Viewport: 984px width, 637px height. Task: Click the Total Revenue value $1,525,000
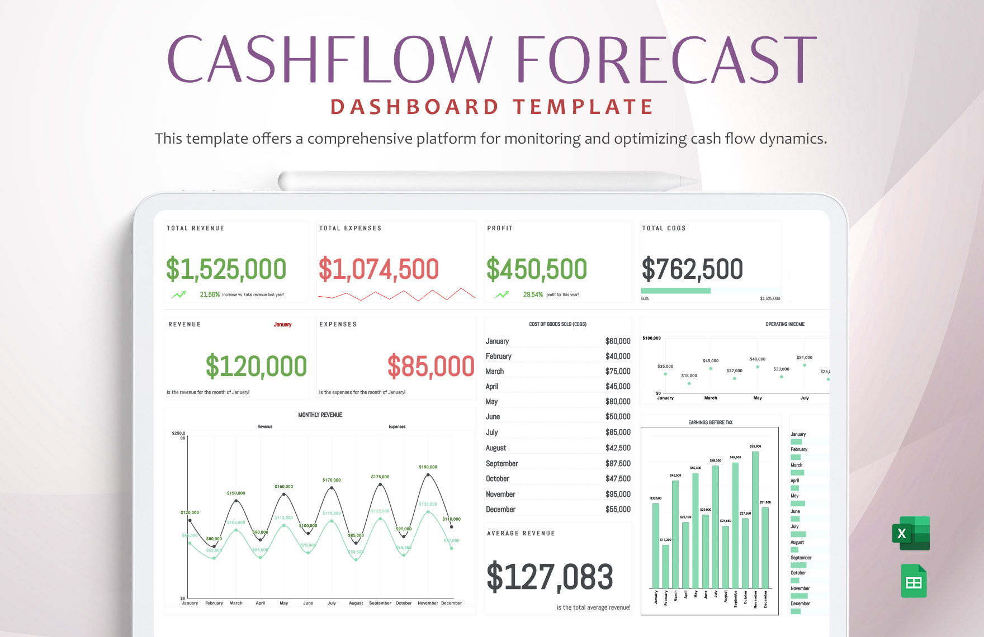pos(226,269)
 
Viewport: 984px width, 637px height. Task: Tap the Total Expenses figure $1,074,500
pos(379,269)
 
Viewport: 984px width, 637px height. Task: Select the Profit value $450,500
pos(536,269)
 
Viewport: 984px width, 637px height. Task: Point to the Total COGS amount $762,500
pos(692,269)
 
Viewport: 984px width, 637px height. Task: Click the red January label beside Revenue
pos(282,325)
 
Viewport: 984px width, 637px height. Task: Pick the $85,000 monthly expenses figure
pos(430,367)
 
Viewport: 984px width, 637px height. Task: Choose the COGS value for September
pos(618,464)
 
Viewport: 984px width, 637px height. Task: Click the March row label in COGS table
pos(495,372)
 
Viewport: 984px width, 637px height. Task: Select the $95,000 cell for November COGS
pos(618,495)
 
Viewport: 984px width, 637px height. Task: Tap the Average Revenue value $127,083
pos(550,577)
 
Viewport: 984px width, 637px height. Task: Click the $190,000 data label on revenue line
pos(428,467)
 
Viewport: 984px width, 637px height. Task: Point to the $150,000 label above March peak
pos(236,493)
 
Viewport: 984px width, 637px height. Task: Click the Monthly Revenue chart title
pos(320,415)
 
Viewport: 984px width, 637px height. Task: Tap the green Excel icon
pos(911,534)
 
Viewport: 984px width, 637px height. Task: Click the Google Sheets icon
pos(914,582)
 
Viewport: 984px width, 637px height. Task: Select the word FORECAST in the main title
pos(666,59)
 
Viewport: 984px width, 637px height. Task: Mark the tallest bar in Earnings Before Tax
pos(755,520)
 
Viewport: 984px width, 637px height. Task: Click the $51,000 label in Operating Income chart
pos(804,358)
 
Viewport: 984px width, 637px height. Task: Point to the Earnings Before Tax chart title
pos(710,423)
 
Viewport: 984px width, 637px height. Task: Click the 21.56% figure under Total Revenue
pos(210,295)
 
